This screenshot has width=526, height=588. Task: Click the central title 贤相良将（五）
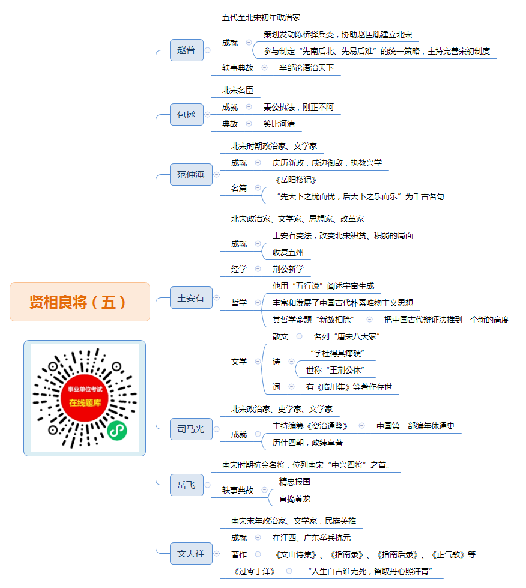tap(80, 302)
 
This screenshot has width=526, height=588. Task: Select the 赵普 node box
tap(187, 50)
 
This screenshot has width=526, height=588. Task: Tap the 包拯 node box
tap(187, 114)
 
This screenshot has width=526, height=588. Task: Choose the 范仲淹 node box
tap(191, 174)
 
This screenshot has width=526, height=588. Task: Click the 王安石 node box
tap(191, 298)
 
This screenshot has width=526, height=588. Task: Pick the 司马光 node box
tap(191, 429)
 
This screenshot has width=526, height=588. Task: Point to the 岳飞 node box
tap(187, 485)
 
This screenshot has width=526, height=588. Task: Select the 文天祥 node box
tap(191, 554)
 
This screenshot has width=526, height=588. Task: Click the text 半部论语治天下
tap(306, 68)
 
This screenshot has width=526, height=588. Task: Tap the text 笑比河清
tap(279, 124)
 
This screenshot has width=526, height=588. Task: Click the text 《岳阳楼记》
tap(296, 180)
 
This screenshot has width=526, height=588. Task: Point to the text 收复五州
tap(288, 252)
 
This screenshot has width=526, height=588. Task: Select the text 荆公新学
tap(288, 269)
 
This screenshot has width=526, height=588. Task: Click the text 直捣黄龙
tap(295, 499)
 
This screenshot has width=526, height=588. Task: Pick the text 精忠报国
tap(295, 482)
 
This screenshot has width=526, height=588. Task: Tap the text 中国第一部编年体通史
tap(416, 426)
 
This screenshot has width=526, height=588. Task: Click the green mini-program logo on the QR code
tap(117, 431)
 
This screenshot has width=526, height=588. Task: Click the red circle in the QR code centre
tap(85, 398)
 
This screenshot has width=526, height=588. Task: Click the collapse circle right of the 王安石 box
tap(216, 298)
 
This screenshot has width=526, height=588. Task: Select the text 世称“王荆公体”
tap(335, 370)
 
